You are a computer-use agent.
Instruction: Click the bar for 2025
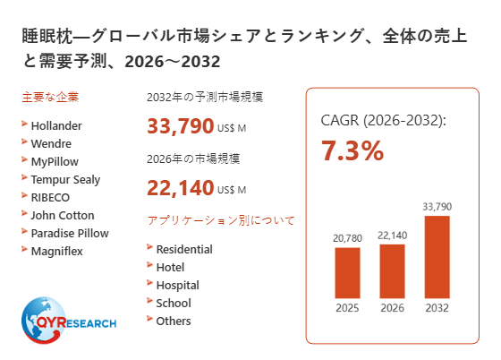point(347,273)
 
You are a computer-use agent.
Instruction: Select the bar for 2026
point(392,271)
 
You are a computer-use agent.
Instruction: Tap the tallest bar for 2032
point(437,257)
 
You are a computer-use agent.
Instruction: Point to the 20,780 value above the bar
point(347,238)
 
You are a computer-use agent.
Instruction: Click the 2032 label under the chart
point(437,308)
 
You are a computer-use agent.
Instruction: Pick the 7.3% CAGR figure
point(352,150)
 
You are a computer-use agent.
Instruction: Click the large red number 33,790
point(180,126)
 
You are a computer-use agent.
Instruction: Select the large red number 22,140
point(180,188)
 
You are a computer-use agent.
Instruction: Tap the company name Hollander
point(56,126)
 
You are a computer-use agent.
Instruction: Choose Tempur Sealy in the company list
point(65,180)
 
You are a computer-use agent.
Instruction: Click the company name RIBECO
point(50,198)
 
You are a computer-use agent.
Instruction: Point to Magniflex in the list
point(57,252)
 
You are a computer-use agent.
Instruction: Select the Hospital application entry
point(178,286)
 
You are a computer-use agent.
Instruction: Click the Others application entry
point(174,321)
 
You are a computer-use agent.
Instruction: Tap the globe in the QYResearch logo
point(43,320)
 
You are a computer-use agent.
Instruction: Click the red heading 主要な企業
point(50,97)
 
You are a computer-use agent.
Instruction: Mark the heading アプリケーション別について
point(221,220)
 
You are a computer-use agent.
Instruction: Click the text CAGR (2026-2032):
point(383,121)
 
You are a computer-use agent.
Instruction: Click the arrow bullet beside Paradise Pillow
point(24,231)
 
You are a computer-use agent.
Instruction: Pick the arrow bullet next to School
point(149,300)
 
